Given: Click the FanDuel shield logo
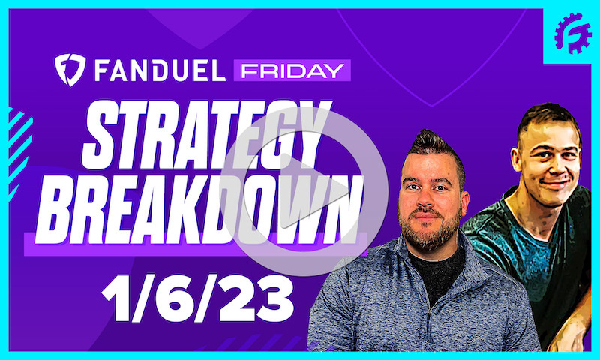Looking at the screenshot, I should tap(68, 70).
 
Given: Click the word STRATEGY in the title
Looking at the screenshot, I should tap(206, 135).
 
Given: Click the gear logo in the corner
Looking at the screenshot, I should tap(573, 33).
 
